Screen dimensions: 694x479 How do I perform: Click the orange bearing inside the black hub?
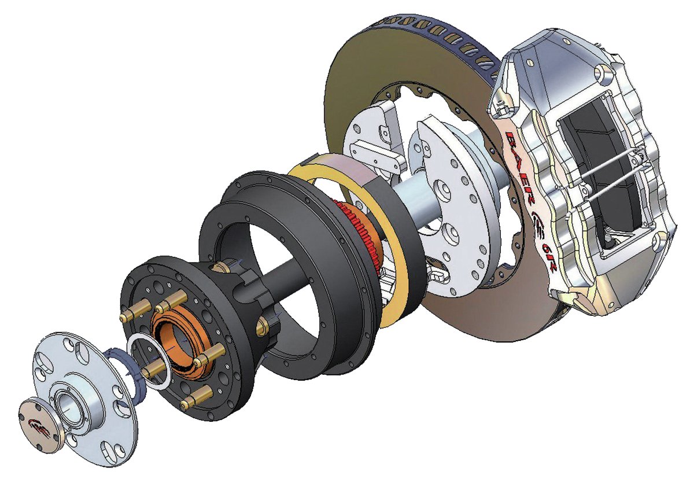pyautogui.click(x=183, y=341)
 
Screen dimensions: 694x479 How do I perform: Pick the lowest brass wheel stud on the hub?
pyautogui.click(x=196, y=397)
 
